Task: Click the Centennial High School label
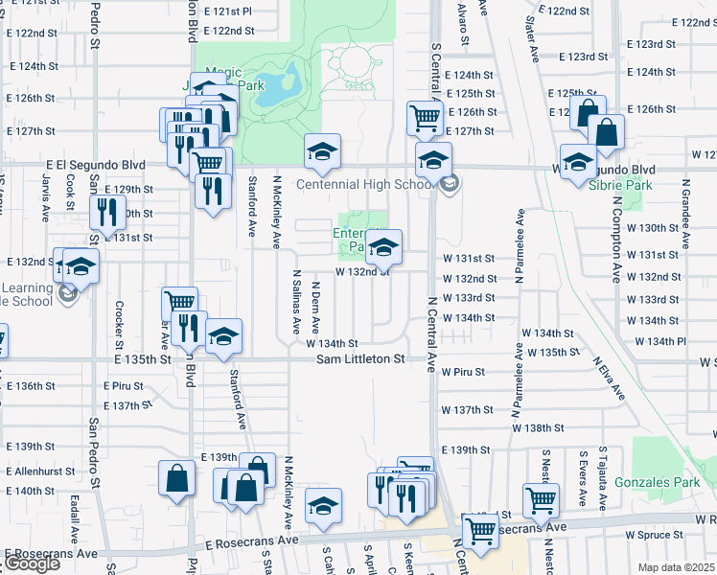tap(364, 184)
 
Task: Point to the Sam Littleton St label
tap(361, 358)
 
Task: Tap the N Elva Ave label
tap(609, 379)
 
